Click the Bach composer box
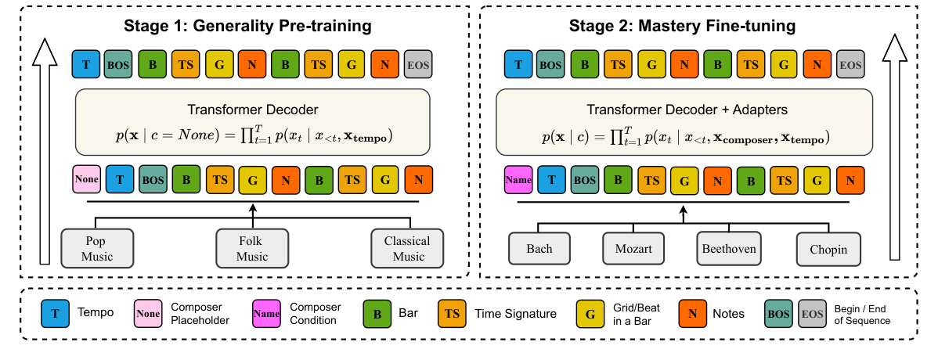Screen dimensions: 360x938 point(539,249)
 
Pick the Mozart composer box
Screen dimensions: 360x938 point(633,249)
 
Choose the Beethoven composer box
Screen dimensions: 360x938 point(727,249)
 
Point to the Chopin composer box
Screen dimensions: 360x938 point(823,250)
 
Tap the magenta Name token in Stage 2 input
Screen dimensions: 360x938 point(518,180)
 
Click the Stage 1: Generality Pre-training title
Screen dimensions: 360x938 point(247,27)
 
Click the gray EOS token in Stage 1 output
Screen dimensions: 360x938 point(419,64)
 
